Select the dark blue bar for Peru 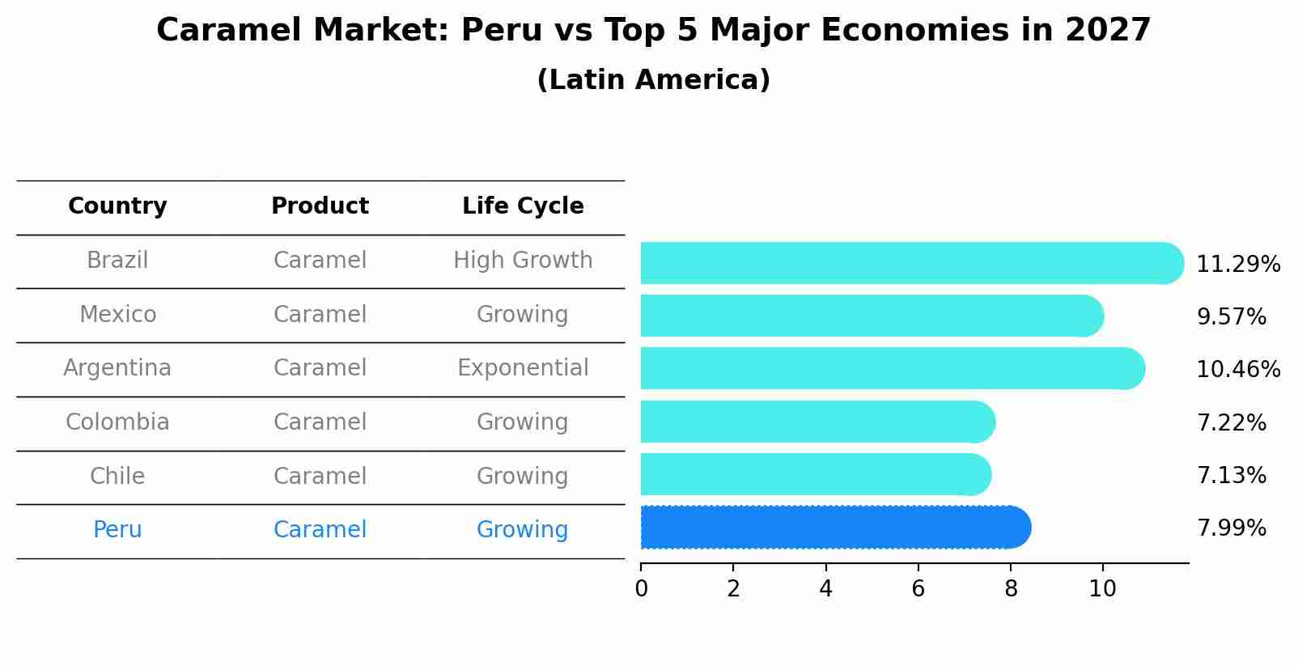pos(834,528)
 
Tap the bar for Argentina pos(890,368)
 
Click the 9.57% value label pos(1231,317)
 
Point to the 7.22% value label pos(1231,423)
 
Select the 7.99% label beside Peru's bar pos(1231,528)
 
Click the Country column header pos(117,206)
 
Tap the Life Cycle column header pos(523,206)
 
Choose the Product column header pos(320,206)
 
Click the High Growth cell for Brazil pos(523,261)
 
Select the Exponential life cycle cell pos(523,368)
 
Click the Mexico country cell pos(117,315)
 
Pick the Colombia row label pos(117,422)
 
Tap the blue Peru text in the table pos(117,530)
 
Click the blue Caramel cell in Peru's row pos(320,530)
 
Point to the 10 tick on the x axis pos(1102,589)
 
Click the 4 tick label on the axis pos(825,589)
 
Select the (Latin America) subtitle pos(653,80)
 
